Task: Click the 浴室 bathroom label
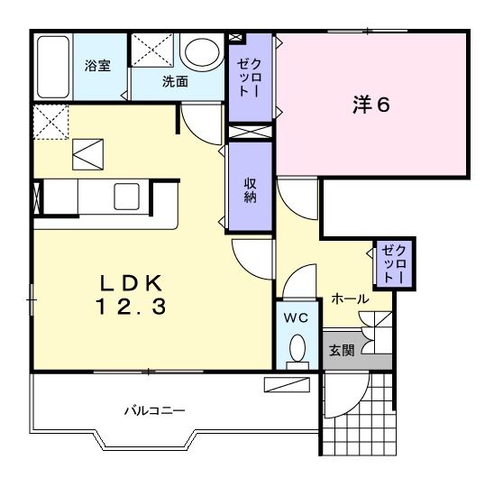[x=97, y=66]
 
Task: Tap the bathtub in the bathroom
[x=53, y=67]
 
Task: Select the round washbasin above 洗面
[x=202, y=52]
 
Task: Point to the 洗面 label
[x=175, y=82]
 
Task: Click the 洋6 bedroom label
[x=371, y=105]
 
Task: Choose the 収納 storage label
[x=250, y=190]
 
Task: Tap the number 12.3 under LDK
[x=131, y=307]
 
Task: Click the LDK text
[x=131, y=283]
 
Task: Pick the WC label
[x=297, y=318]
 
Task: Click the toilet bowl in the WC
[x=297, y=347]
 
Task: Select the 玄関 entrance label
[x=342, y=350]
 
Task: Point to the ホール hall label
[x=350, y=299]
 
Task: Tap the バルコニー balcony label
[x=154, y=410]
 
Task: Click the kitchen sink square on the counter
[x=126, y=197]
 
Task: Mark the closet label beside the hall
[x=394, y=263]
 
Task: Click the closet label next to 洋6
[x=249, y=78]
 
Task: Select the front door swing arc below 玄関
[x=352, y=403]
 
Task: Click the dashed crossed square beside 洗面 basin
[x=152, y=51]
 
